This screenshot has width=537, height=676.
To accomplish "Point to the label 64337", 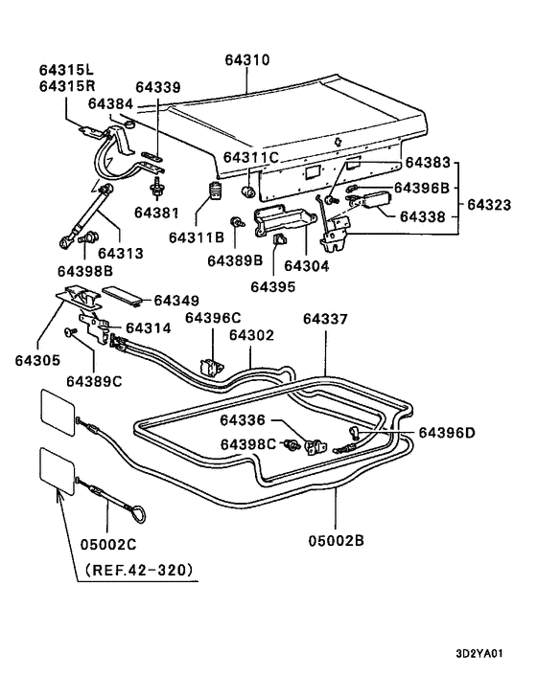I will click(325, 319).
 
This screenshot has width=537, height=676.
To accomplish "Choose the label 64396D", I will click(446, 433).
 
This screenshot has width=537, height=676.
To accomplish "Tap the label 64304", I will click(307, 265).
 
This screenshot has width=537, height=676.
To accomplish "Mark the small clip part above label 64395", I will click(280, 239).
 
